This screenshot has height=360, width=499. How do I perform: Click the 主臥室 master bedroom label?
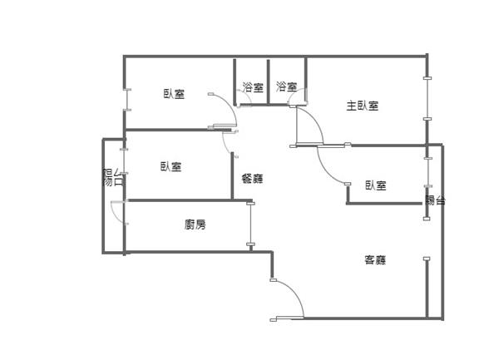click(363, 106)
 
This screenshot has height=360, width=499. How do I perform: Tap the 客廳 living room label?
click(376, 260)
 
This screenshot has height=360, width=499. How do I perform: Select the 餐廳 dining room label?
click(252, 178)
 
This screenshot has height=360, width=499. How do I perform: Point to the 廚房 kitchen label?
click(195, 224)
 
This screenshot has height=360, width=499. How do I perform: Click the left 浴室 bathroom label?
click(253, 86)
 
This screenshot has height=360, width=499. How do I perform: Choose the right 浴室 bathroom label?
click(287, 86)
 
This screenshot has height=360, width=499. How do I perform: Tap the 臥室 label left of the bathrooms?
click(174, 94)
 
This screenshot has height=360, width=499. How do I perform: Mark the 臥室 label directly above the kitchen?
click(171, 166)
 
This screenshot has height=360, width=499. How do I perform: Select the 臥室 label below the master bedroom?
click(376, 185)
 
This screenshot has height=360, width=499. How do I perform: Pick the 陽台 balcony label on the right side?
click(435, 200)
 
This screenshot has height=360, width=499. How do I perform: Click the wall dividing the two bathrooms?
click(268, 81)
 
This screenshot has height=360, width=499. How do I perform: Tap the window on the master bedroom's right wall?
click(427, 100)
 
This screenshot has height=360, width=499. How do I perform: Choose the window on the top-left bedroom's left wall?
click(125, 100)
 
